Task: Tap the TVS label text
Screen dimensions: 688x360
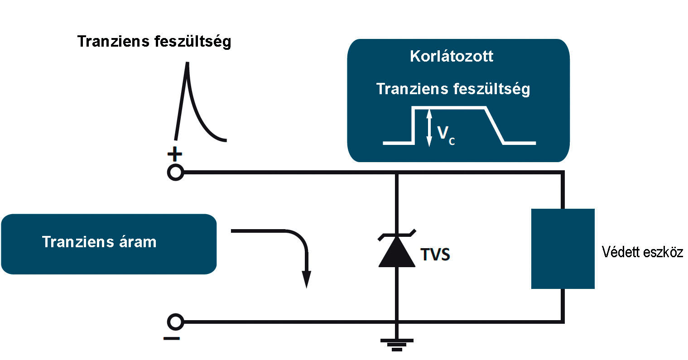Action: click(435, 254)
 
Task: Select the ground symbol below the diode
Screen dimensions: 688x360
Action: click(397, 345)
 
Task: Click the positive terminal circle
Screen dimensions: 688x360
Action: click(175, 173)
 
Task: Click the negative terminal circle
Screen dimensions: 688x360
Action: click(175, 322)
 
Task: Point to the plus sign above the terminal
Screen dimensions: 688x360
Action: click(175, 154)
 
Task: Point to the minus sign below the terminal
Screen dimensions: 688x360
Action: click(171, 339)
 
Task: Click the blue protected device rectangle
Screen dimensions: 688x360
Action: click(563, 249)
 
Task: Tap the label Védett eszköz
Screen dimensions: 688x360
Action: click(643, 252)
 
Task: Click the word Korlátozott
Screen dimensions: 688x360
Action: click(452, 56)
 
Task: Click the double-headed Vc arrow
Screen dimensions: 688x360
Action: click(429, 128)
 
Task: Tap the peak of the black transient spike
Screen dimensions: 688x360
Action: click(187, 63)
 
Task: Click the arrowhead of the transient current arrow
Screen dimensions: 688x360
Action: click(307, 279)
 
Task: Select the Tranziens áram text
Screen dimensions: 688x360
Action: click(99, 242)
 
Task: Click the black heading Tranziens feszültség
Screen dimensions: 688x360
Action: click(154, 42)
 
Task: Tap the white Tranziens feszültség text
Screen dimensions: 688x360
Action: click(453, 89)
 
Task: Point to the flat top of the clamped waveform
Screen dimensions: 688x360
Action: click(449, 107)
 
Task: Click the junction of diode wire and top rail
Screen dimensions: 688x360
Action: click(397, 173)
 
